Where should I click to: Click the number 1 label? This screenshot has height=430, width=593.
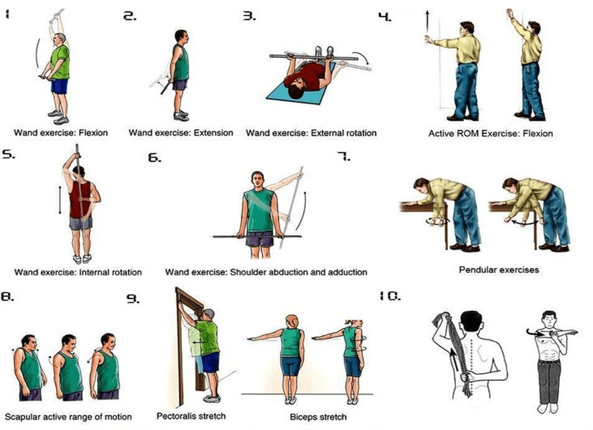7,14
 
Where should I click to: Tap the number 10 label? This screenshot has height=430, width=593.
390,297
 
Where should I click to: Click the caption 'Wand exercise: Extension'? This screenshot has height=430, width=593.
181,133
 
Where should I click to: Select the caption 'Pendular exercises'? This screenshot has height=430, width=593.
498,270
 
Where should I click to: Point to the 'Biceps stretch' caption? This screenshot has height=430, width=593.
318,417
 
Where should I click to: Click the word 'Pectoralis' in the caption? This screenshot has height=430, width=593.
175,416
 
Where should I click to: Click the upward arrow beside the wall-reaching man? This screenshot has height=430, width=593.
426,23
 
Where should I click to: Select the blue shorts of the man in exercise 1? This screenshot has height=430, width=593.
59,86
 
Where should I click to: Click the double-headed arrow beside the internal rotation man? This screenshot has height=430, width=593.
60,199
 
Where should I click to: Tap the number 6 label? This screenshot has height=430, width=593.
154,158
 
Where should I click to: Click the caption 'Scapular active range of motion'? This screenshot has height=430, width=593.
68,417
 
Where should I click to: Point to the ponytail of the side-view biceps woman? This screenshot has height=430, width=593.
349,322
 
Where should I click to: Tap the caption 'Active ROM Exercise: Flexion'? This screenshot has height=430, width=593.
490,133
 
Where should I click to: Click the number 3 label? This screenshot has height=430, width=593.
249,16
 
